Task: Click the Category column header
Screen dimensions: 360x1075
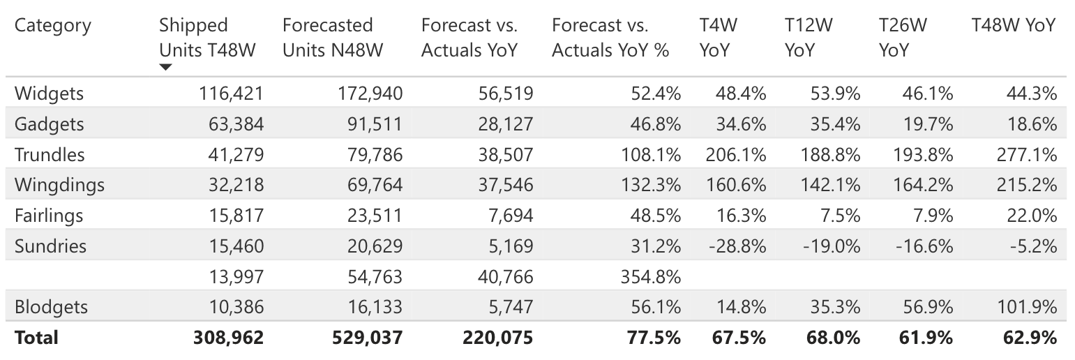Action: [x=53, y=26]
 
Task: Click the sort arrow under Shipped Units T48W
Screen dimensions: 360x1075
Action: [x=165, y=68]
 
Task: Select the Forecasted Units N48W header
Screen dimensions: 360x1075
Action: [x=332, y=38]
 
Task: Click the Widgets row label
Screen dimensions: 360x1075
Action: [x=49, y=93]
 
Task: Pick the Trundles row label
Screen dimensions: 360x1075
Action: [x=50, y=155]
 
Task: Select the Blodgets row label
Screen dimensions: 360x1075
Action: [x=51, y=307]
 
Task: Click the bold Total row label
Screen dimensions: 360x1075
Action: [x=36, y=338]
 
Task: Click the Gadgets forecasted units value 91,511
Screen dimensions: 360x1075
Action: [x=375, y=124]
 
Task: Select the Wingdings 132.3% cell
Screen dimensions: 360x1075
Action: [x=650, y=185]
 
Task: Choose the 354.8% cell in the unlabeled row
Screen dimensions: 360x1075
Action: [x=650, y=277]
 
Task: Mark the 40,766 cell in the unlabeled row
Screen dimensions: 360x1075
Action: [x=505, y=277]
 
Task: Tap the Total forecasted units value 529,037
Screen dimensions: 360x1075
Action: [x=368, y=338]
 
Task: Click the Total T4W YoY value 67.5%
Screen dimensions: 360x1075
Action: [x=740, y=338]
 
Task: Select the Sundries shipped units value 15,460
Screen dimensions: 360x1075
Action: [x=236, y=246]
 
